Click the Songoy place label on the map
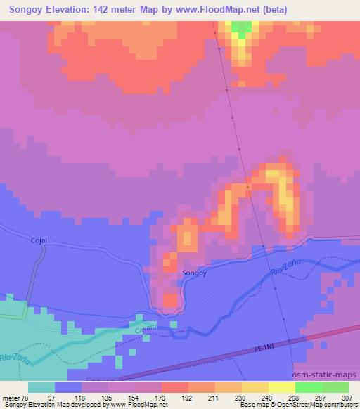194,272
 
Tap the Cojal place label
39,240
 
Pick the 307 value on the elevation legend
348,398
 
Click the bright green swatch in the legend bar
309,387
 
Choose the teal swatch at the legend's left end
41,387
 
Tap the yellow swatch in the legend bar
282,387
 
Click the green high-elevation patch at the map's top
241,30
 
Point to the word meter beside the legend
11,398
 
